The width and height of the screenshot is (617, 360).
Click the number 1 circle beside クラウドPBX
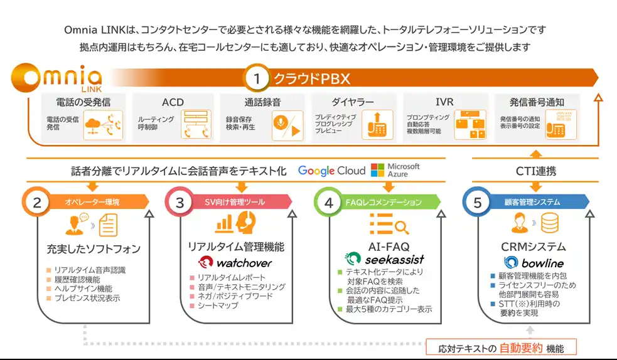255,78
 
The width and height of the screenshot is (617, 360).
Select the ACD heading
173,102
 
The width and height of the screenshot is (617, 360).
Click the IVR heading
444,102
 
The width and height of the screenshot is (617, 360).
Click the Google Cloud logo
331,171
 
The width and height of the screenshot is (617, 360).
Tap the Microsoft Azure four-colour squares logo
377,171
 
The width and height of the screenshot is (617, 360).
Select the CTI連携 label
535,171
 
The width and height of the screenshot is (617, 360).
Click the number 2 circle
37,202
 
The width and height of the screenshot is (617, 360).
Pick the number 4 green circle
329,202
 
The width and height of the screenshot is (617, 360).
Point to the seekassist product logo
384,259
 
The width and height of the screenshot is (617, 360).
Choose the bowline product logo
534,263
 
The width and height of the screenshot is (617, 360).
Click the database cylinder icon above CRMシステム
551,222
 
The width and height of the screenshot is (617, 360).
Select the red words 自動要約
521,348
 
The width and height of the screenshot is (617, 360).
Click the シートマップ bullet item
218,305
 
